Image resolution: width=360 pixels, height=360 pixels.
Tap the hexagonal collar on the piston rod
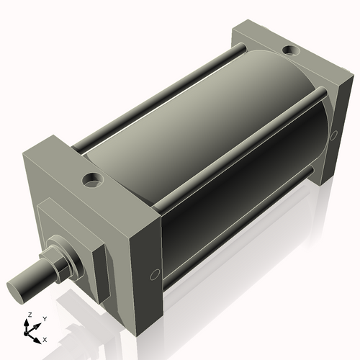pyautogui.click(x=58, y=260)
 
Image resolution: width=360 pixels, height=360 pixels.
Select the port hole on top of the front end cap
pyautogui.click(x=92, y=179)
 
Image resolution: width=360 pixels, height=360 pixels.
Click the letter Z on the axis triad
pyautogui.click(x=29, y=315)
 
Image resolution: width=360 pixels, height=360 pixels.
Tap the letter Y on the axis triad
pyautogui.click(x=44, y=318)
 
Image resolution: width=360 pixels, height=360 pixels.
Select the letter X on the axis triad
pyautogui.click(x=45, y=338)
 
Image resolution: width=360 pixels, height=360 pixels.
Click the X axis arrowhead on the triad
pyautogui.click(x=38, y=336)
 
